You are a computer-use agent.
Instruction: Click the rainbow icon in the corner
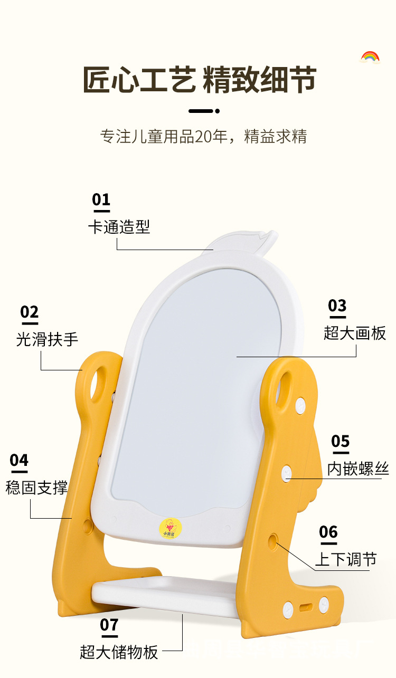(370, 57)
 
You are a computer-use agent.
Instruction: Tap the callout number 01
(101, 200)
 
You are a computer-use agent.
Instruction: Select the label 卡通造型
(119, 227)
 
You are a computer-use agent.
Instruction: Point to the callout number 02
(30, 313)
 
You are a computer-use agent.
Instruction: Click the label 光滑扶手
(47, 339)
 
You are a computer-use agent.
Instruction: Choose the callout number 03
(337, 306)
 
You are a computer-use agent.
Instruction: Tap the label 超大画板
(355, 333)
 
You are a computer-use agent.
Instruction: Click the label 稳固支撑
(37, 487)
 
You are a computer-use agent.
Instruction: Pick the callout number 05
(341, 441)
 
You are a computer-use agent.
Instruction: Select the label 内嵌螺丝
(358, 468)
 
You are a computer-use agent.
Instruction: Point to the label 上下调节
(346, 559)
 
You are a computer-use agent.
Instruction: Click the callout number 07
(109, 625)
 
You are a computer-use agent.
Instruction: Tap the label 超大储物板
(119, 652)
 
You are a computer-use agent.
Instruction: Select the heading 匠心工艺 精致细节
(199, 80)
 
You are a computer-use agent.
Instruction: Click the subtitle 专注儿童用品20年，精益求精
(203, 136)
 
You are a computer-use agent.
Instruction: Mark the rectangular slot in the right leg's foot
(306, 607)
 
